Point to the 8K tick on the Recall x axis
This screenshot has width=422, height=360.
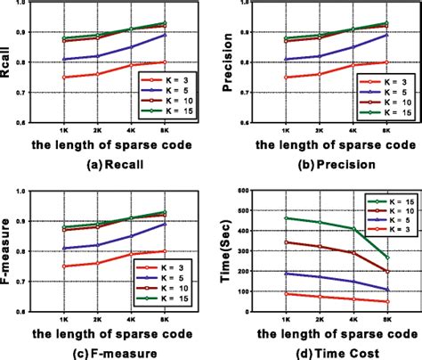point(163,131)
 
